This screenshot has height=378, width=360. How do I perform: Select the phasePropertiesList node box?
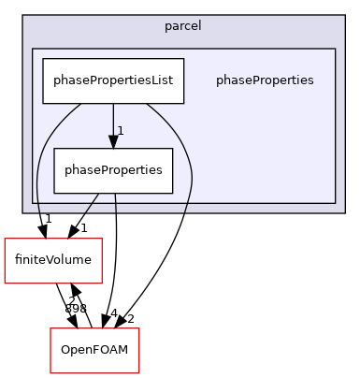coord(113,81)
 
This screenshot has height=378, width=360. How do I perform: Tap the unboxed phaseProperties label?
coord(265,80)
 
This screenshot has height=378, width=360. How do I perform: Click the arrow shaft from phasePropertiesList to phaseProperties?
coord(113,120)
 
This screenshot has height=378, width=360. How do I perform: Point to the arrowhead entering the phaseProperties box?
coord(113,142)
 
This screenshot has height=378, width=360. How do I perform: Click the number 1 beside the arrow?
coord(121,129)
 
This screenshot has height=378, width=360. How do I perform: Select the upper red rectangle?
coord(52,260)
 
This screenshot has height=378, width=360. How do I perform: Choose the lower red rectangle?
coord(94,351)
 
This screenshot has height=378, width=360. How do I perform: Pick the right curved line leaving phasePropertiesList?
coord(184,159)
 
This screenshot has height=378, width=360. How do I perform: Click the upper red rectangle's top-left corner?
coord(5,239)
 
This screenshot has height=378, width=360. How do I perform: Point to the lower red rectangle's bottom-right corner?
coord(138,373)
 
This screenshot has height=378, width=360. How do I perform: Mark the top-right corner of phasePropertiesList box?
coord(184,60)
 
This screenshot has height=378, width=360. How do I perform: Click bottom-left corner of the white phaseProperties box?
coord(53,193)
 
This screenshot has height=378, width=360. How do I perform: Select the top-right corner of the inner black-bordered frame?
coord(335,49)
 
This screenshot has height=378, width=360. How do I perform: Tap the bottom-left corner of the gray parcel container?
coord(23,212)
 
